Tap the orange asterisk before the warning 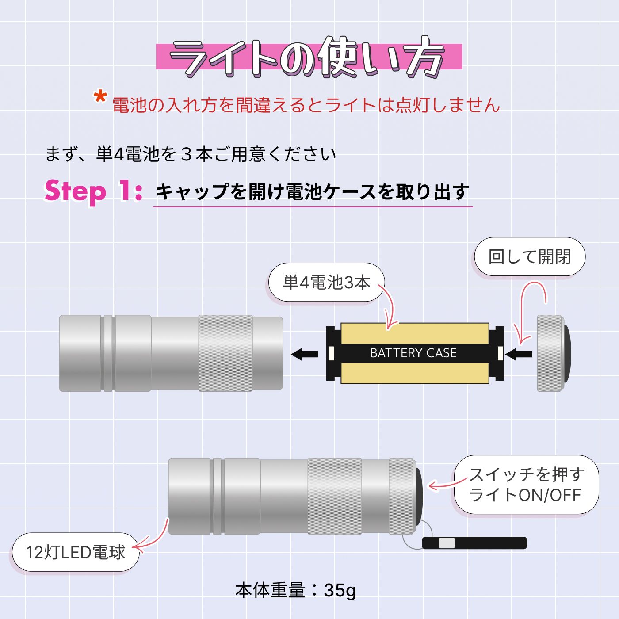[x=100, y=97]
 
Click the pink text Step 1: [x=93, y=191]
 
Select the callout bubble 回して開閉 [x=530, y=256]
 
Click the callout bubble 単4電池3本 [x=326, y=282]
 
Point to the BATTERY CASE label [x=413, y=353]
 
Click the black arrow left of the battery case [x=305, y=354]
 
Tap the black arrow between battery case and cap [x=519, y=354]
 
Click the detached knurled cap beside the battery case [x=554, y=353]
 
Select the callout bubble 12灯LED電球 [x=76, y=552]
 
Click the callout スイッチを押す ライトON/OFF [x=526, y=485]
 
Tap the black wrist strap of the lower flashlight [x=474, y=543]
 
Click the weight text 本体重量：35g [x=296, y=590]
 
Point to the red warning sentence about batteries [x=306, y=105]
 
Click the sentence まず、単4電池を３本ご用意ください [x=191, y=154]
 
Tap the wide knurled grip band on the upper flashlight [x=225, y=353]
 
